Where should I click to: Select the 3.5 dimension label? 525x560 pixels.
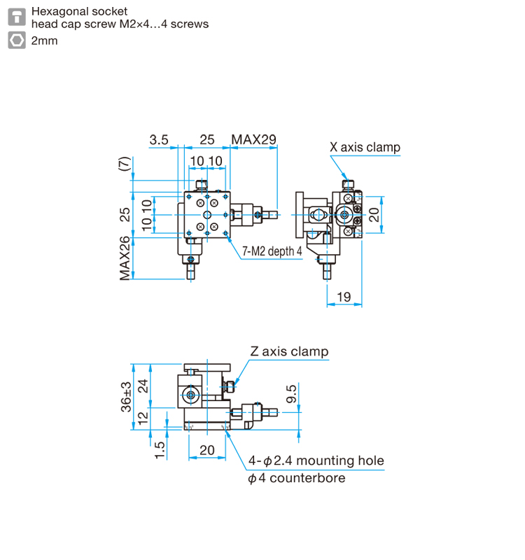pyautogui.click(x=159, y=140)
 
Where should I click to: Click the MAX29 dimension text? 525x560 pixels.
pyautogui.click(x=254, y=140)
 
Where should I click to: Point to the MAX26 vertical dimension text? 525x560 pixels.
pyautogui.click(x=125, y=258)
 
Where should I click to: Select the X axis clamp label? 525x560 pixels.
pyautogui.click(x=365, y=147)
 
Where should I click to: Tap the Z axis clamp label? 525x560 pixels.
pyautogui.click(x=289, y=351)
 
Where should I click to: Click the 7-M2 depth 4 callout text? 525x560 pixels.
pyautogui.click(x=272, y=251)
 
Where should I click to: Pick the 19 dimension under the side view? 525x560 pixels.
pyautogui.click(x=344, y=297)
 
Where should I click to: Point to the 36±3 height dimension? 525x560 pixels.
pyautogui.click(x=126, y=397)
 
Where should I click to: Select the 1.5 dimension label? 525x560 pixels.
pyautogui.click(x=160, y=449)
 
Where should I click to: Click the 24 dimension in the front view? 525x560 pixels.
pyautogui.click(x=143, y=386)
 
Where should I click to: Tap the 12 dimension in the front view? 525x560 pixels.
pyautogui.click(x=143, y=418)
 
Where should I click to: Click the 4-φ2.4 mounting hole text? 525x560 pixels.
pyautogui.click(x=316, y=461)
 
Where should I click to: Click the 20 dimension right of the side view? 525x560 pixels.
pyautogui.click(x=374, y=213)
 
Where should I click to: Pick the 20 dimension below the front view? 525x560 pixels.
pyautogui.click(x=207, y=450)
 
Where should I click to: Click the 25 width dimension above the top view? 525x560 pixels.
pyautogui.click(x=207, y=140)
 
